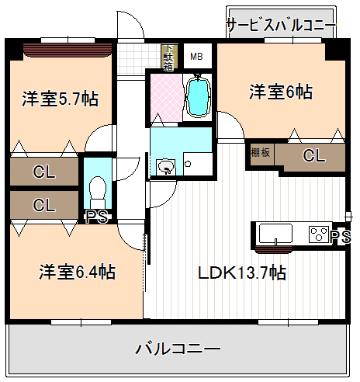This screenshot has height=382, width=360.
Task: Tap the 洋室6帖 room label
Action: click(281, 92)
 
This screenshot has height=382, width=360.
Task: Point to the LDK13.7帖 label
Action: click(241, 273)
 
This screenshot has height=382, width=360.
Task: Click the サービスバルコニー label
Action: click(280, 25)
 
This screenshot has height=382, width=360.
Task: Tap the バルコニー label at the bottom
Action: click(178, 348)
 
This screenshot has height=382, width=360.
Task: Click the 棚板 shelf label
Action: click(260, 153)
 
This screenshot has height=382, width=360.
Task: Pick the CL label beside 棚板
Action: click(313, 156)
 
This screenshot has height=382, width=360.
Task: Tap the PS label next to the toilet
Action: click(96, 217)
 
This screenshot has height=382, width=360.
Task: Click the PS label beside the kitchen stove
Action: click(339, 236)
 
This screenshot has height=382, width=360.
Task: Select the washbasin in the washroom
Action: click(165, 166)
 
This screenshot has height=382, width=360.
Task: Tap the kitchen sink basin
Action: click(275, 234)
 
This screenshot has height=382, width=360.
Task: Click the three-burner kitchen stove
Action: click(318, 234)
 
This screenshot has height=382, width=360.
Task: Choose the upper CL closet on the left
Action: click(44, 172)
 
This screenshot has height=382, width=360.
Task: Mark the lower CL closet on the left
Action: click(44, 205)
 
